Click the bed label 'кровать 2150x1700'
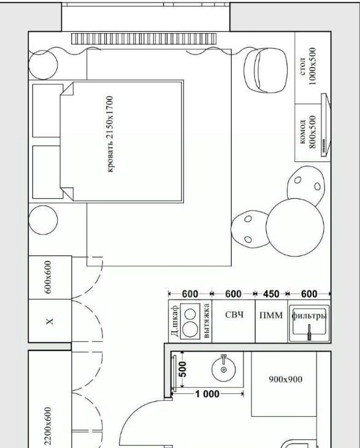[110, 134]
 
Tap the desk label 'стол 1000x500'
[308, 66]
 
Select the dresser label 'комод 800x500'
[308, 132]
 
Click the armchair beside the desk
[266, 71]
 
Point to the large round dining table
[295, 228]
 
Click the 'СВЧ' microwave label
[234, 315]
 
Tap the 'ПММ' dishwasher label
[271, 315]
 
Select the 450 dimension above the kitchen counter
[271, 294]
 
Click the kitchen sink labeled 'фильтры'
[309, 323]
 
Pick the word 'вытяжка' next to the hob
[207, 320]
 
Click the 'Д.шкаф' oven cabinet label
[175, 320]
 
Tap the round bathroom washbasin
[223, 369]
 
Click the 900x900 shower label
[286, 379]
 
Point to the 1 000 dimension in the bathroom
[207, 394]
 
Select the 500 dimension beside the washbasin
[183, 369]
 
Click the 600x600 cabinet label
[48, 277]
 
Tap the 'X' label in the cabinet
[50, 321]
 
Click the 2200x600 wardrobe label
[48, 426]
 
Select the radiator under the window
[144, 39]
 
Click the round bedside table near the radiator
[43, 65]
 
